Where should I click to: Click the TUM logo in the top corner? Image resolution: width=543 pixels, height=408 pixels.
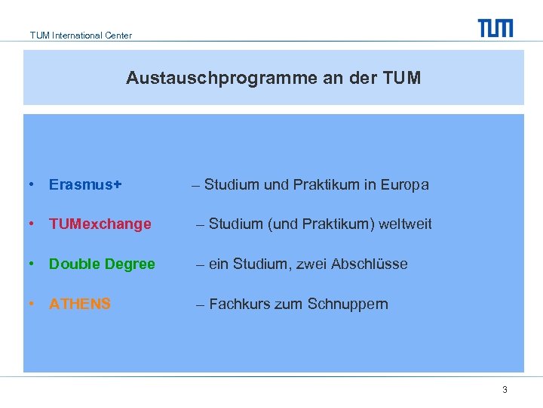coord(495,28)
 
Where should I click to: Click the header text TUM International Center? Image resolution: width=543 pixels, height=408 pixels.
coord(81,36)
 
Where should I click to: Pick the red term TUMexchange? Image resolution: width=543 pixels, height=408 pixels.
coord(100,224)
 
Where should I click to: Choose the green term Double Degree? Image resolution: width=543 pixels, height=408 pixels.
coord(102,264)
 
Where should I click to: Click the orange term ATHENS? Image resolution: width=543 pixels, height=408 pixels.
coord(80,304)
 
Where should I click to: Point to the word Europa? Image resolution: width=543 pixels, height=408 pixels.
coord(405,184)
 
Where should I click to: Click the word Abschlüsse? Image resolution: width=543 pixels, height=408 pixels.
coord(371,264)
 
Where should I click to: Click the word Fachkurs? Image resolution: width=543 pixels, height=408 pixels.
coord(235,304)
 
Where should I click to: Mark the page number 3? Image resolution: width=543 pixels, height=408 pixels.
coord(505,390)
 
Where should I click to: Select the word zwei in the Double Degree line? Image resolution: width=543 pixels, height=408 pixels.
coord(313,264)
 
